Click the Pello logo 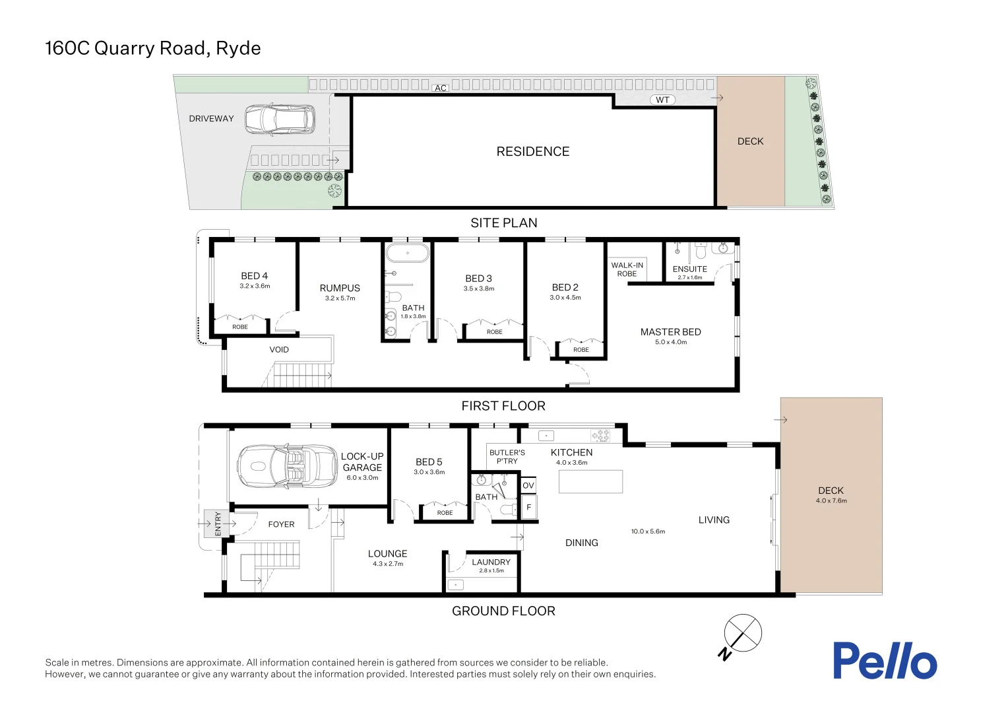(x=884, y=660)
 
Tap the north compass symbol (x=742, y=634)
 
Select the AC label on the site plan (x=441, y=88)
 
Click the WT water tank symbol (x=662, y=100)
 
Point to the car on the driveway (x=280, y=119)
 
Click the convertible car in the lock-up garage (x=287, y=466)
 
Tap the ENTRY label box (x=217, y=524)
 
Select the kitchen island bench (x=590, y=481)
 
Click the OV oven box (x=528, y=485)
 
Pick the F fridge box (x=528, y=508)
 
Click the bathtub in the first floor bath (x=407, y=253)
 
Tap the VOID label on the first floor (x=279, y=350)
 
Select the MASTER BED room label (x=670, y=332)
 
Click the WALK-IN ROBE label (x=627, y=269)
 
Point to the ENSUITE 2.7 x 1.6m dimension (x=689, y=278)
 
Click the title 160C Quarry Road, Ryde (x=153, y=48)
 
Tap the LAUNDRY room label (x=491, y=562)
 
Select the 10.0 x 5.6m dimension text (x=648, y=531)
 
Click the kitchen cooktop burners (x=600, y=436)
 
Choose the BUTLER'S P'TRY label (x=507, y=457)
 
